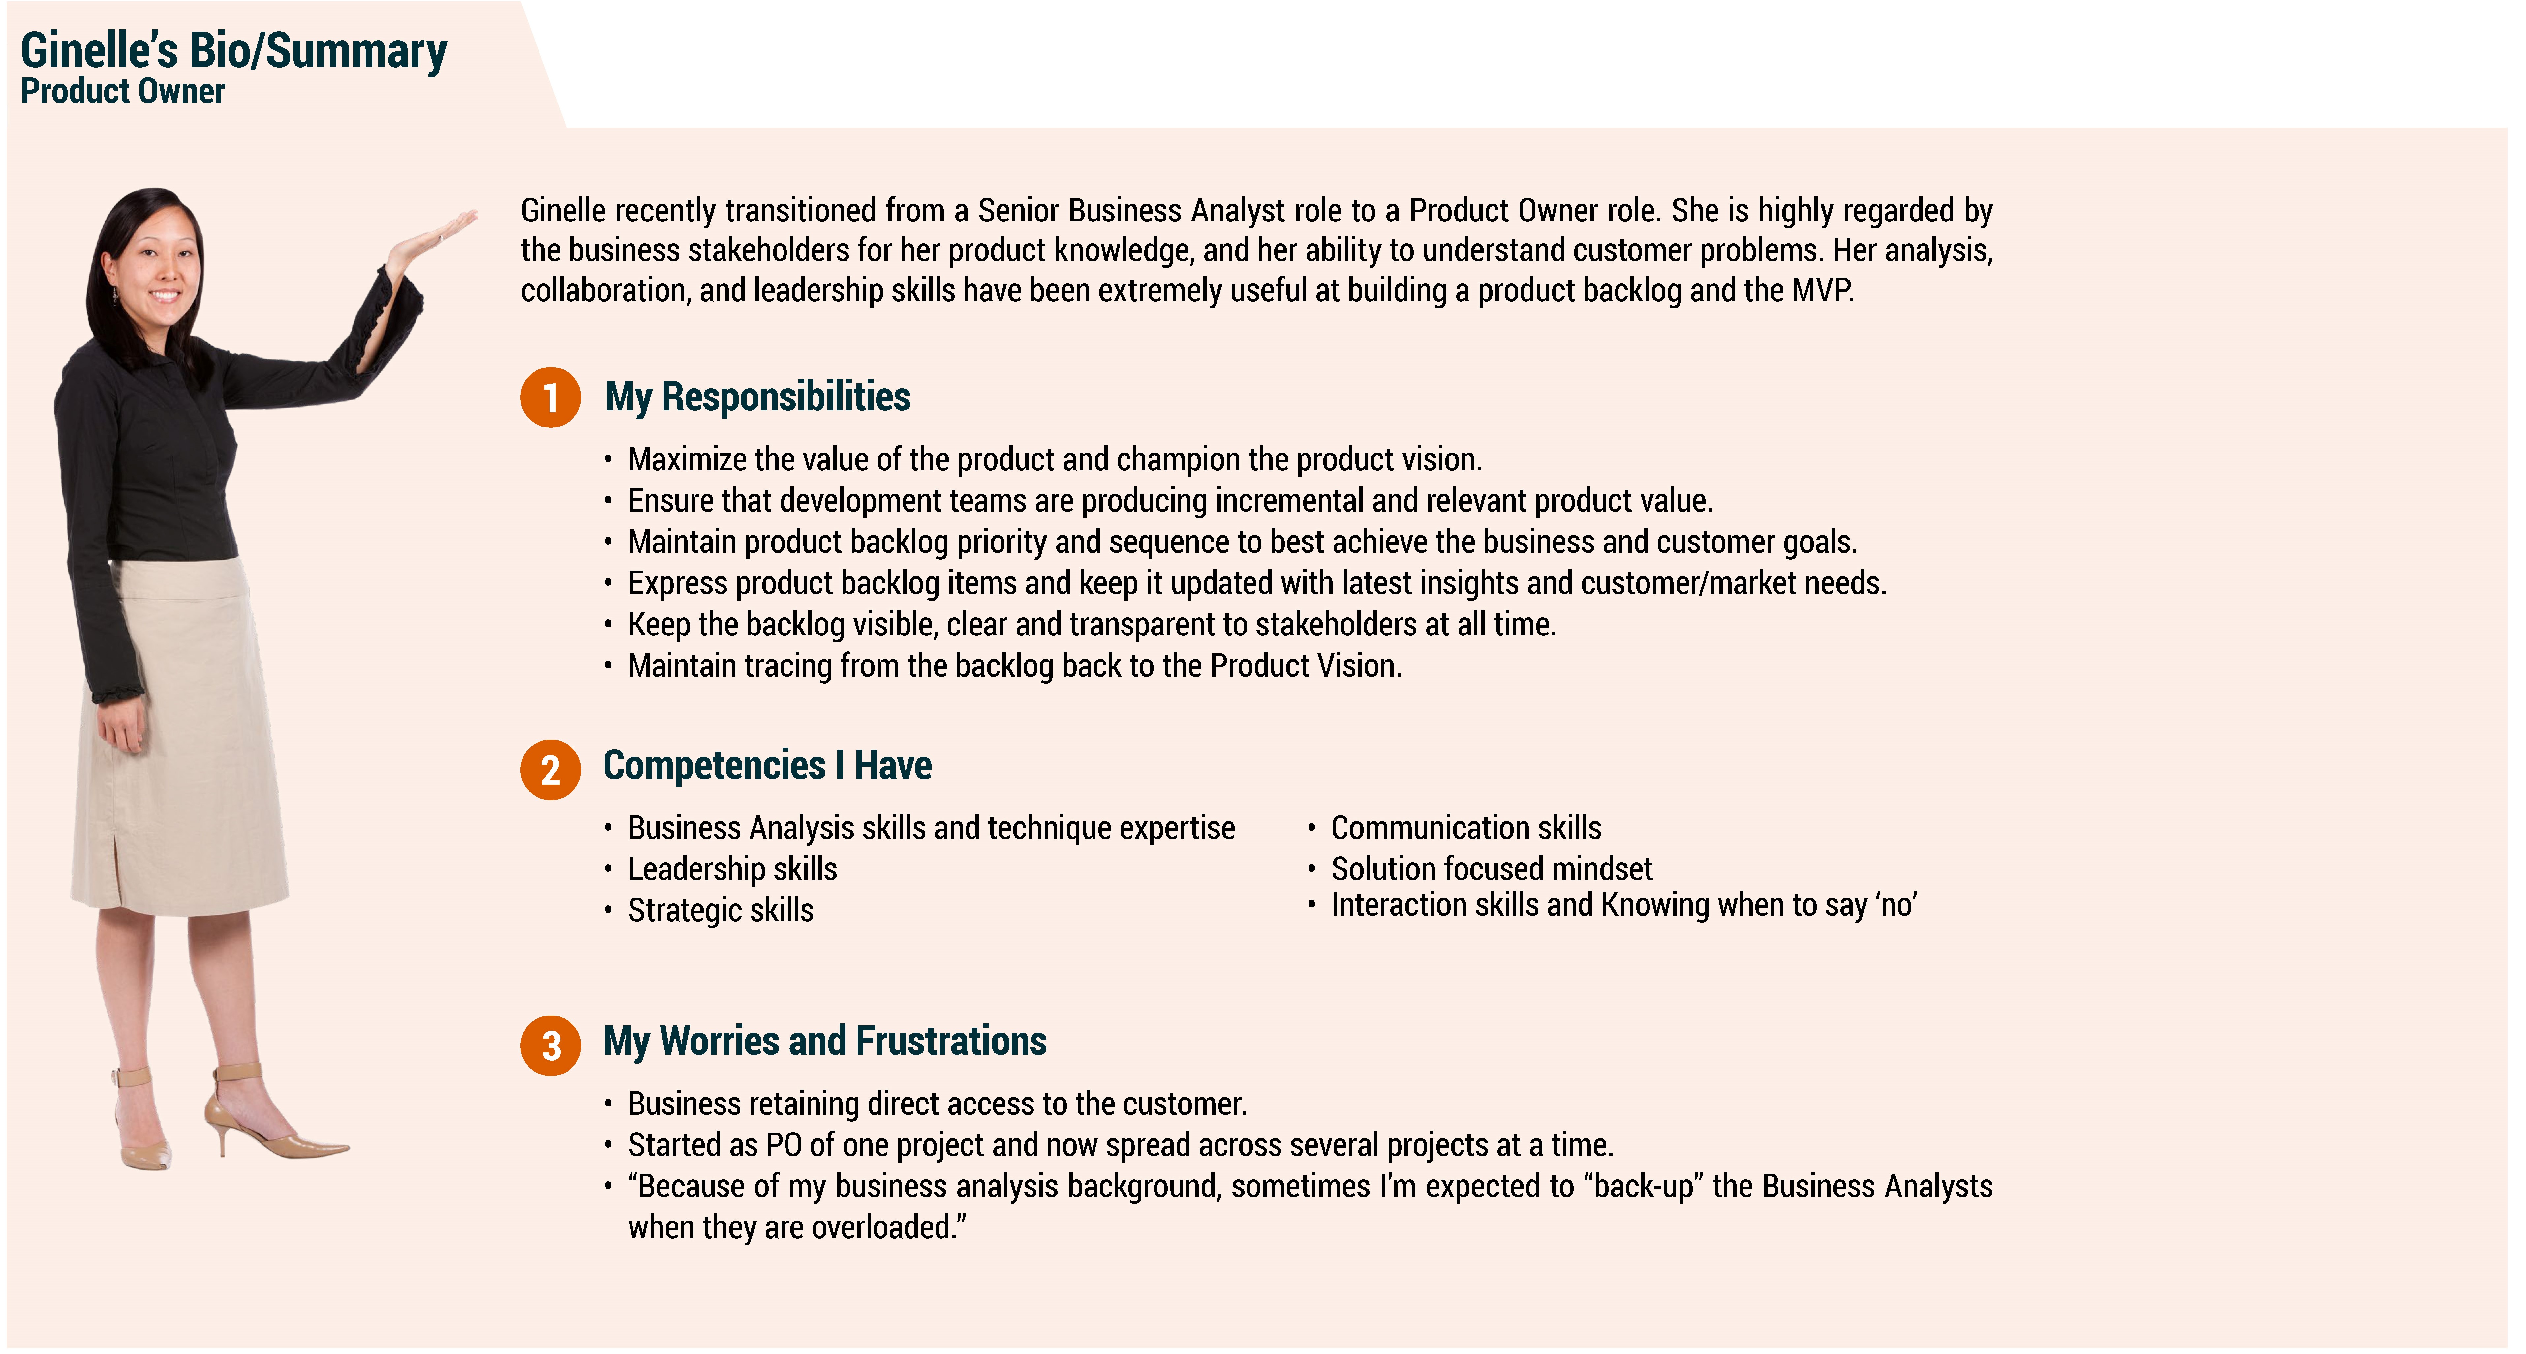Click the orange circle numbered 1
[x=550, y=397]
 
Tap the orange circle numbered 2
[x=550, y=770]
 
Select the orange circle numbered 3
[x=550, y=1045]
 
